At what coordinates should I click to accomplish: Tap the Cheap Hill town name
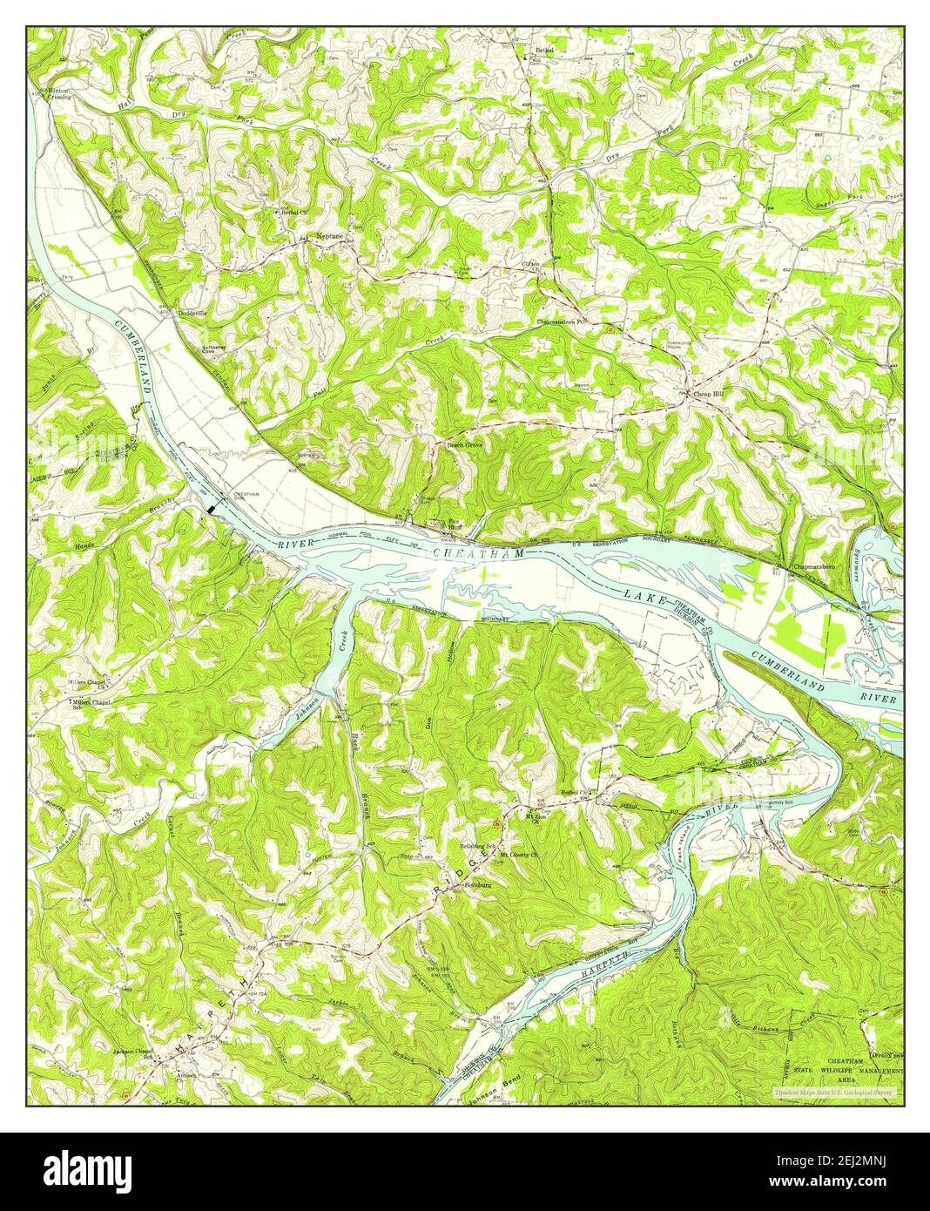click(x=708, y=395)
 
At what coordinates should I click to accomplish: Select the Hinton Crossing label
click(x=60, y=93)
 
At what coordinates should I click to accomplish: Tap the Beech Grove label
click(x=464, y=444)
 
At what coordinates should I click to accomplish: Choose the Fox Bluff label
click(x=453, y=525)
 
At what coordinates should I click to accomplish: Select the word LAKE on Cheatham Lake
click(x=646, y=599)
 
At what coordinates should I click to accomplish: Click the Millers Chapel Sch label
click(x=92, y=701)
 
